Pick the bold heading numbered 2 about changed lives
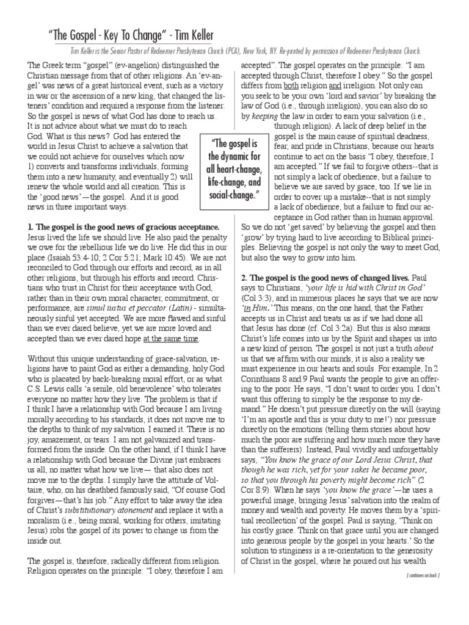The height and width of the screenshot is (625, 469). point(309,261)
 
